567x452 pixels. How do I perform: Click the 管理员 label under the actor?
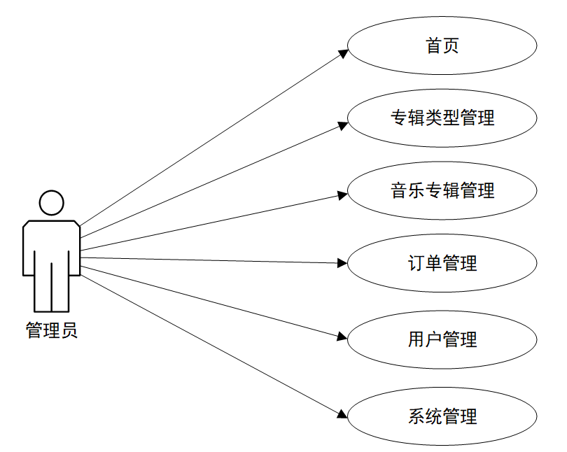point(52,330)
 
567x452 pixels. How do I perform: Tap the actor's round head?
point(52,202)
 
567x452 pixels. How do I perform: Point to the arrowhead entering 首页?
point(343,52)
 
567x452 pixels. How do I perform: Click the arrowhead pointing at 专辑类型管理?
point(343,125)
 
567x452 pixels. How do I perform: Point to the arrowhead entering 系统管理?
point(342,413)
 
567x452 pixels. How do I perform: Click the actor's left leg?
point(43,287)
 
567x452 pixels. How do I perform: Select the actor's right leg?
point(60,287)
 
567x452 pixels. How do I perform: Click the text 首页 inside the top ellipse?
point(442,46)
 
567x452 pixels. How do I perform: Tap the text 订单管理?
point(442,264)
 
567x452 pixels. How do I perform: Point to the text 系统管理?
point(442,417)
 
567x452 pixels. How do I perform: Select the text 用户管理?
point(442,340)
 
